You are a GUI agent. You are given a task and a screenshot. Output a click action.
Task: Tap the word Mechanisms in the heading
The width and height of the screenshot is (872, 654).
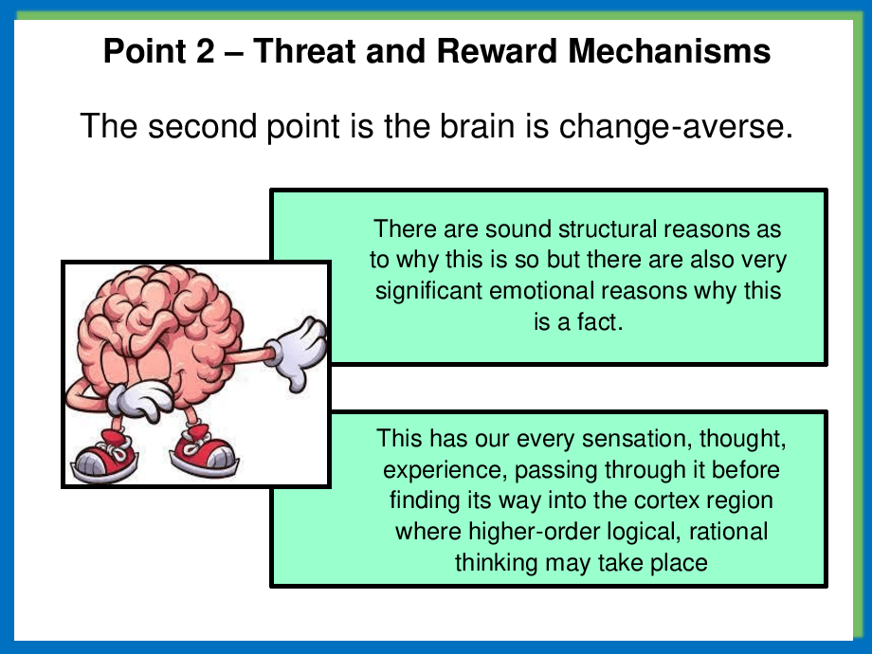tap(669, 50)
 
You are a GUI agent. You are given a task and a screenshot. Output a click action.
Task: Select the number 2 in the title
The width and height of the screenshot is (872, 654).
tap(205, 50)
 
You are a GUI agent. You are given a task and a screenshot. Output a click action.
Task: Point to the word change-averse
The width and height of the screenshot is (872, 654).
tap(676, 126)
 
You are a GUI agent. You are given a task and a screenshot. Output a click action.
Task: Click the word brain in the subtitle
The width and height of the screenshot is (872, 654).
tap(477, 126)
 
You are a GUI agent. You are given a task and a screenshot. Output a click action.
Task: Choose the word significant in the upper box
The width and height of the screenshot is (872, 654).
tap(429, 291)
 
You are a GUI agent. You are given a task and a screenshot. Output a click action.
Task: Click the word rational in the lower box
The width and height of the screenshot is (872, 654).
tap(729, 532)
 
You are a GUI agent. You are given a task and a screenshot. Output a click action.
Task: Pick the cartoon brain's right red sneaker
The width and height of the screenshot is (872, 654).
tap(204, 451)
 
